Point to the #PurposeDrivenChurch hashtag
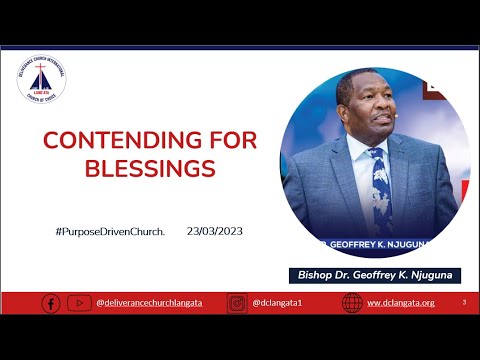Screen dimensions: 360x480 point(110,231)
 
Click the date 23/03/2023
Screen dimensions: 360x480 point(214,231)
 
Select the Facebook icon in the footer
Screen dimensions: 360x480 point(51,303)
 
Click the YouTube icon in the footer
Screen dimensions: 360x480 point(80,303)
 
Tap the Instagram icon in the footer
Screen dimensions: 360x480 point(237,303)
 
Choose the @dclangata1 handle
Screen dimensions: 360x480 point(274,303)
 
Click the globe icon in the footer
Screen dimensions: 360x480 point(352,303)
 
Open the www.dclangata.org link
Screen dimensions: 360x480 point(400,303)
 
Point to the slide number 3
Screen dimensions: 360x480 point(463,302)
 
